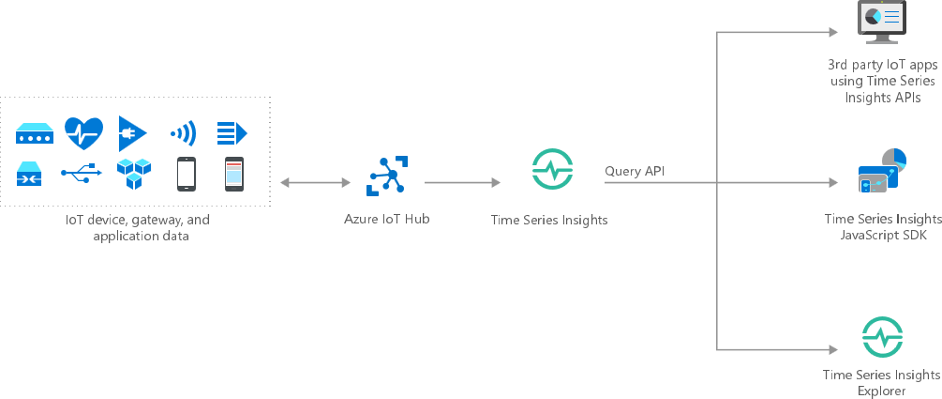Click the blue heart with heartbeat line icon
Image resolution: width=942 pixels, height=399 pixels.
[x=83, y=133]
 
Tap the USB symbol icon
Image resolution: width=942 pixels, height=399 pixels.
[x=82, y=174]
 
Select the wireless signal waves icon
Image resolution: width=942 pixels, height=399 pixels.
[x=183, y=133]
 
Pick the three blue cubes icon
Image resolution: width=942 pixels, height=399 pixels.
[x=133, y=174]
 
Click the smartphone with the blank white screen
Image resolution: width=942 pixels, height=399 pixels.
[x=187, y=174]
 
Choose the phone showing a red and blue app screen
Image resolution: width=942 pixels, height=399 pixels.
[x=233, y=174]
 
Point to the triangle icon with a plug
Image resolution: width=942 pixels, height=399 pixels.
[x=132, y=133]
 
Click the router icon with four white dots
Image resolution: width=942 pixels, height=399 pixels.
[x=35, y=134]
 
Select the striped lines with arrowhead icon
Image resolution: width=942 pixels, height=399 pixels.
[x=232, y=133]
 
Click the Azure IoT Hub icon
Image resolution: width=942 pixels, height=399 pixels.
[x=384, y=176]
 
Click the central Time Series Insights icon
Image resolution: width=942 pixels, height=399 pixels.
[x=549, y=169]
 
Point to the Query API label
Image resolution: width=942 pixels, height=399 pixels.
[x=636, y=171]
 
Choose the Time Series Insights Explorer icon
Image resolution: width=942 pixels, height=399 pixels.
[x=881, y=337]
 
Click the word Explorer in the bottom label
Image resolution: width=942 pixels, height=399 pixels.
[x=881, y=391]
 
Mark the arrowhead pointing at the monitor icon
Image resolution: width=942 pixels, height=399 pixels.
[x=831, y=33]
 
